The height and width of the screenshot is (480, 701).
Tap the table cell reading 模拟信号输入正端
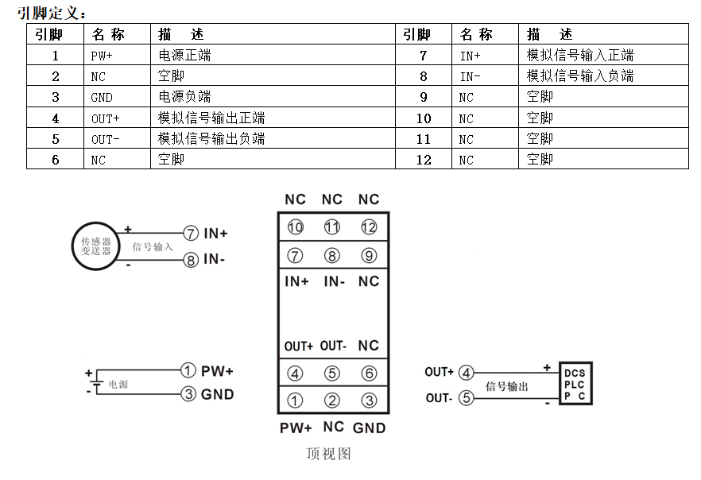pyautogui.click(x=580, y=56)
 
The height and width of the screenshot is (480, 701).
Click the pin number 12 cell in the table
pyautogui.click(x=424, y=159)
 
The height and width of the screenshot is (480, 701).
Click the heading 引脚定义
pyautogui.click(x=51, y=13)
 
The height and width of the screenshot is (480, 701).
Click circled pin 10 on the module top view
pyautogui.click(x=296, y=228)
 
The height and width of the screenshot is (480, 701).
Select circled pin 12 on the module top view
pyautogui.click(x=368, y=228)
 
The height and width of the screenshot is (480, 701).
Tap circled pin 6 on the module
pyautogui.click(x=368, y=374)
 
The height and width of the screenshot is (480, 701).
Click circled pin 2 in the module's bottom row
pyautogui.click(x=332, y=401)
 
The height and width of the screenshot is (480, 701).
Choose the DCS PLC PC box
pyautogui.click(x=575, y=384)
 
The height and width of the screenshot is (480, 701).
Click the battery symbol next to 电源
pyautogui.click(x=95, y=384)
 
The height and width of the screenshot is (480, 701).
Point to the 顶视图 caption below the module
pyautogui.click(x=328, y=454)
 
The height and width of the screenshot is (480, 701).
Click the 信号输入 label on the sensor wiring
pyautogui.click(x=153, y=247)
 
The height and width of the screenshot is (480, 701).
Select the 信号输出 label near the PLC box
pyautogui.click(x=506, y=386)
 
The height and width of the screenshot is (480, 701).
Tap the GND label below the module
pyautogui.click(x=369, y=428)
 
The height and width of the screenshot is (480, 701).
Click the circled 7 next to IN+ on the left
pyautogui.click(x=191, y=234)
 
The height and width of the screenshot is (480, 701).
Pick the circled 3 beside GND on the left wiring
pyautogui.click(x=188, y=394)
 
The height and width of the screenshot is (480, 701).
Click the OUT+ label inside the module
pyautogui.click(x=299, y=346)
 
